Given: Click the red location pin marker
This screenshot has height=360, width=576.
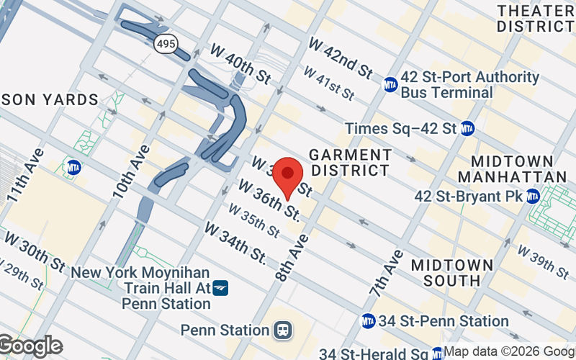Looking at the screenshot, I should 288,175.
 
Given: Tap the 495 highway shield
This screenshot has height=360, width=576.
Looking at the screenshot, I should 164,45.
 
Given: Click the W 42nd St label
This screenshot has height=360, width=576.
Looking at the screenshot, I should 340,57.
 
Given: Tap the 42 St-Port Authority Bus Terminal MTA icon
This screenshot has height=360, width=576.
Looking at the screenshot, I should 390,84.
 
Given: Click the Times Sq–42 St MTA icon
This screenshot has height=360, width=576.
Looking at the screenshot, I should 468,128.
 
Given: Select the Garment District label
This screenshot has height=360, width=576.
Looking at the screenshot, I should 350,163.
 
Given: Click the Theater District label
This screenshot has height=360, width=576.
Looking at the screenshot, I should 535,17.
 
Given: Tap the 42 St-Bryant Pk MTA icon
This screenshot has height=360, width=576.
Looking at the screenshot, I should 533,196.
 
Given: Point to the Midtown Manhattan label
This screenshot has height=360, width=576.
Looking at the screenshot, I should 512,168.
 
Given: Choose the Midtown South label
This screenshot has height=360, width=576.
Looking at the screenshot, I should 446,272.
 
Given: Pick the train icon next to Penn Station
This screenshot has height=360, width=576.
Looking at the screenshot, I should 283,330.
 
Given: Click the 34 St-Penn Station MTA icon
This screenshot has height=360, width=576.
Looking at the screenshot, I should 368,320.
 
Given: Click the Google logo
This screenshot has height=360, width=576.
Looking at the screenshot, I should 30,346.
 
